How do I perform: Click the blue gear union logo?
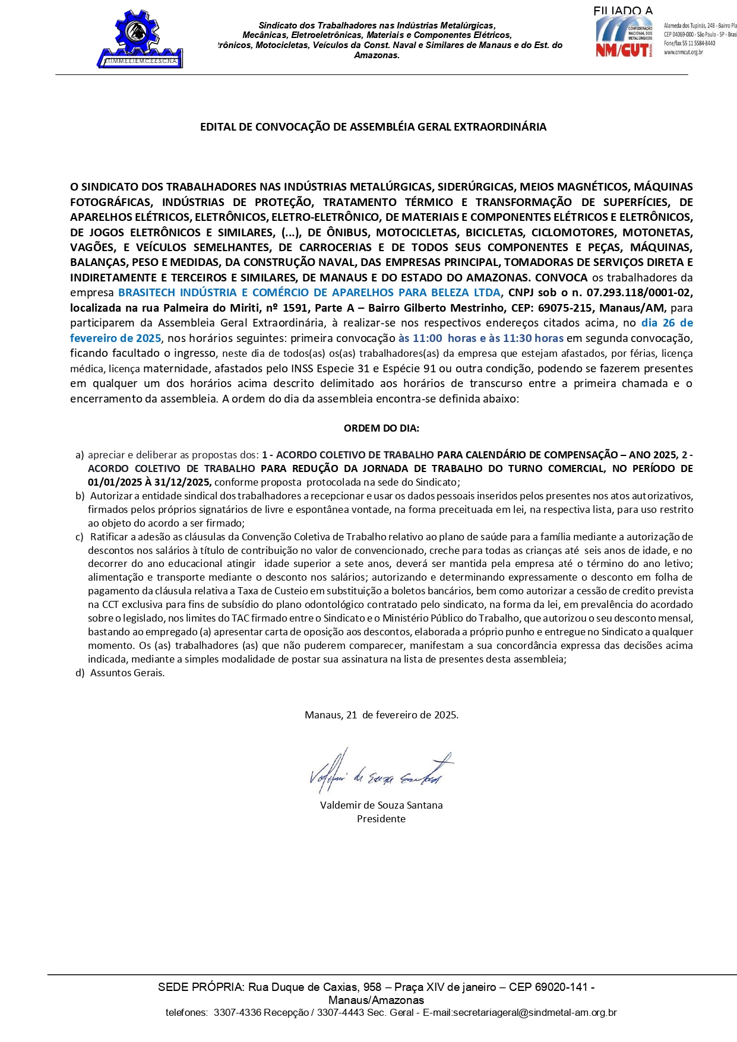(x=141, y=39)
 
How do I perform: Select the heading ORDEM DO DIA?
(x=381, y=428)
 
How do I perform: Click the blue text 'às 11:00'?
(x=420, y=338)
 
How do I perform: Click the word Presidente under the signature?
(x=381, y=819)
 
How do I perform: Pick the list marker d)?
(x=80, y=673)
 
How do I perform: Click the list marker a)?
(x=80, y=455)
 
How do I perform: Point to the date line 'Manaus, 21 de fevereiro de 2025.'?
(x=381, y=715)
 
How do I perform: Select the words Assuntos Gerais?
(x=127, y=673)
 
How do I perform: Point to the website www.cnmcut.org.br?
(x=683, y=52)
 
